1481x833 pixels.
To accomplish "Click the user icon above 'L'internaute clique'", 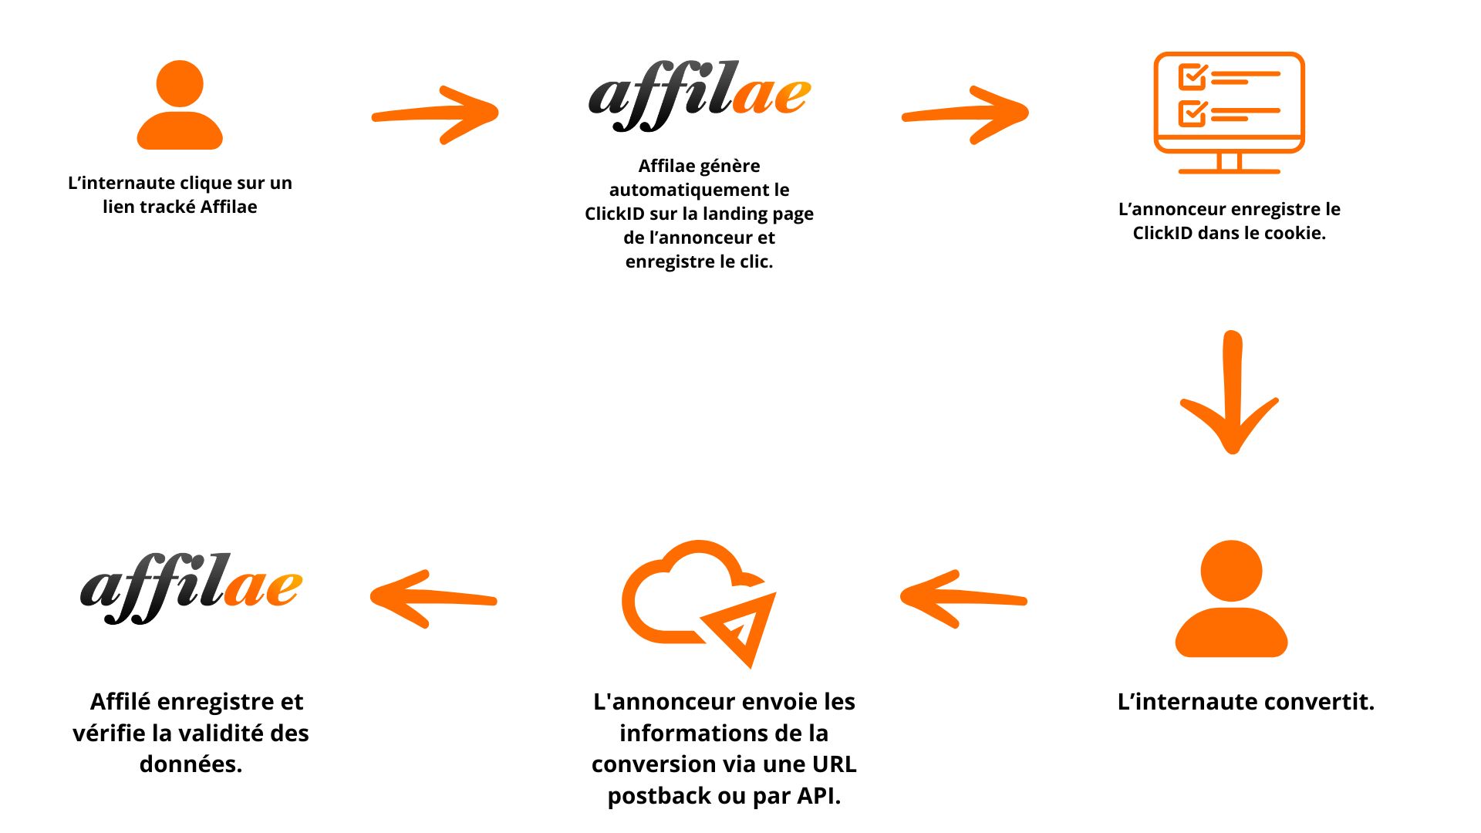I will pos(180,106).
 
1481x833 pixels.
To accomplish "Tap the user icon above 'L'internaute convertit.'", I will pos(1231,599).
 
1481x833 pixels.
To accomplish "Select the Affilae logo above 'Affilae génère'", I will pos(699,96).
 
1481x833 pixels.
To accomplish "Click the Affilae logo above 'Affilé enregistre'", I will pos(191,588).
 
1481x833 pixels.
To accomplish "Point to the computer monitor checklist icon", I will pos(1229,112).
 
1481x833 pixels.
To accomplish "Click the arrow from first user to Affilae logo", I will pos(436,114).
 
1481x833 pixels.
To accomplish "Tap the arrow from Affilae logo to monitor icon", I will pos(966,114).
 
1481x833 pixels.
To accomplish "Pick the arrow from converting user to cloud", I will pos(963,599).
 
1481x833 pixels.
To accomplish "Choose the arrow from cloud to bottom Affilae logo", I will pos(434,599).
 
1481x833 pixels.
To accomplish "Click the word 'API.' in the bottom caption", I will pos(818,796).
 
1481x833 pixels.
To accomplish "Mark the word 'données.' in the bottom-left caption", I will pos(191,764).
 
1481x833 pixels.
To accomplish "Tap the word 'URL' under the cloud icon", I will pos(834,764).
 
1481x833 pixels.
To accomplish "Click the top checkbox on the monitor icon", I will pos(1192,76).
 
